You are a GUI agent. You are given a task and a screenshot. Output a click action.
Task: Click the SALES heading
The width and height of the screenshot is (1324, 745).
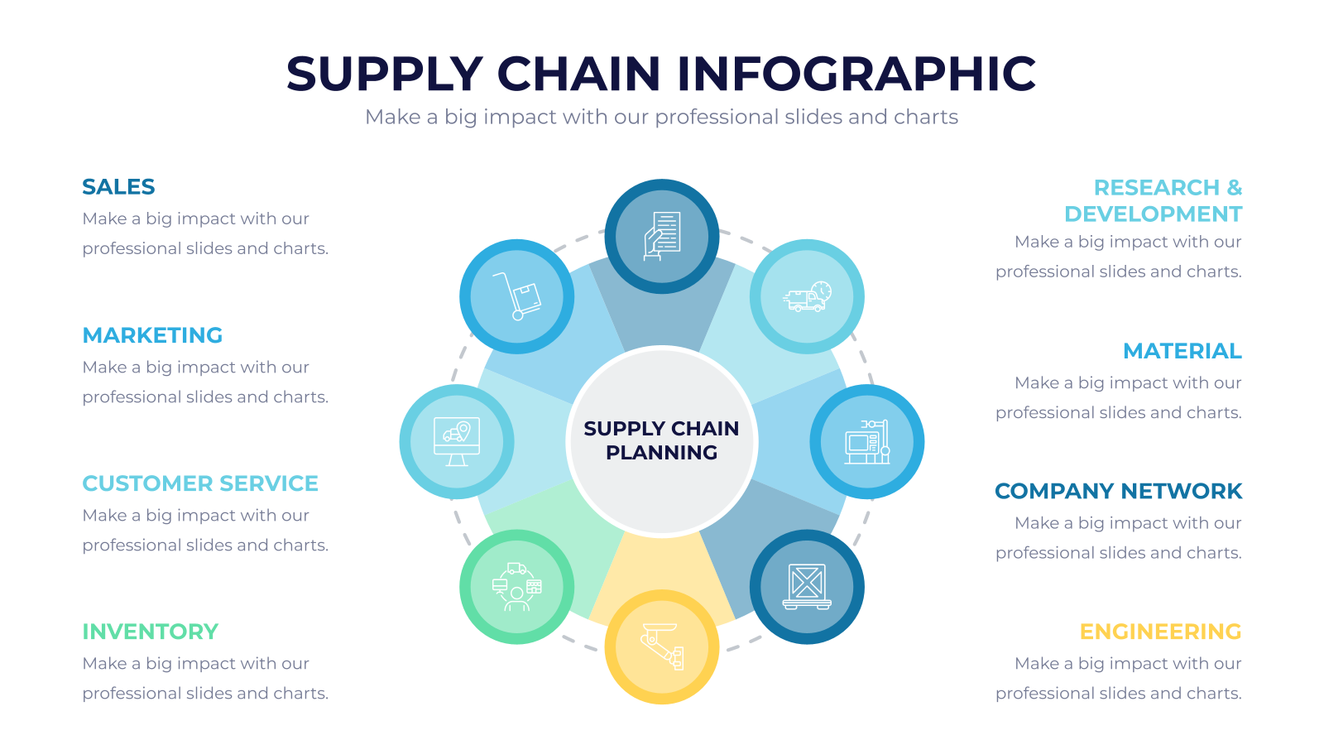coord(118,187)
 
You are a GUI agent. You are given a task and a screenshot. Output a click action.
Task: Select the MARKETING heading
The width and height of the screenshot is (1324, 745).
coord(152,335)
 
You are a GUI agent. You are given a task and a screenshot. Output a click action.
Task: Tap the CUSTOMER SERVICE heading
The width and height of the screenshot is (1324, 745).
coord(200,483)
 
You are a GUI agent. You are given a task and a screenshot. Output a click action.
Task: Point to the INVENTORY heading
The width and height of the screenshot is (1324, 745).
coord(150,632)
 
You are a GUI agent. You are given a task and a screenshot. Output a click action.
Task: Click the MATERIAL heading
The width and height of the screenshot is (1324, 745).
coord(1182,351)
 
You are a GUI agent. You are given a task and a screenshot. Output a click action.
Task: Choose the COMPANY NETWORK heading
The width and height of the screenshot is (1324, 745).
coord(1118,492)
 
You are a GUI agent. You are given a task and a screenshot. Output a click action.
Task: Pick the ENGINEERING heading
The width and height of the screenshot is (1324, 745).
coord(1160,632)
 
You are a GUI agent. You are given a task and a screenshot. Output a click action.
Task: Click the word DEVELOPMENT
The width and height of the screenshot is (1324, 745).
coord(1154,214)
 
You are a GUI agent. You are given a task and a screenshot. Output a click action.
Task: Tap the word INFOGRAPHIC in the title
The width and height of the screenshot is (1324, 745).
coord(856,74)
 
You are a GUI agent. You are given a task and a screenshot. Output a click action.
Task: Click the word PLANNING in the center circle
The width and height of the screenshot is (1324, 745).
coord(661,453)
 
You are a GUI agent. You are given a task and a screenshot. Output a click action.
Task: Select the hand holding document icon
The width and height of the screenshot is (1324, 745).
coord(662,236)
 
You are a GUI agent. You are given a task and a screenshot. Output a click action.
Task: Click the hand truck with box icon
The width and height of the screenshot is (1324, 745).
coord(517,296)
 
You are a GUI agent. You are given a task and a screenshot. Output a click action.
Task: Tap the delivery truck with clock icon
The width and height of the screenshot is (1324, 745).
coord(808,296)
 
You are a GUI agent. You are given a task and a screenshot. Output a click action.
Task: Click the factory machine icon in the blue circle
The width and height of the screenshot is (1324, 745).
coord(867,442)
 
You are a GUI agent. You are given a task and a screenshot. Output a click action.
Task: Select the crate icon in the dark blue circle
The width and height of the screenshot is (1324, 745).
coord(807,587)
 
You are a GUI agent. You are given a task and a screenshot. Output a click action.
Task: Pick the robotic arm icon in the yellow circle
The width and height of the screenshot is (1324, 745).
coord(662,646)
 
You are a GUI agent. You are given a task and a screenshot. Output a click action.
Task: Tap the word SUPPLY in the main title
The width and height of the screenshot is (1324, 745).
coord(385,74)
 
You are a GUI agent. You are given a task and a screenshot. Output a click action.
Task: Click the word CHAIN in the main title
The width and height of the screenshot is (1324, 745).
coord(579,74)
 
